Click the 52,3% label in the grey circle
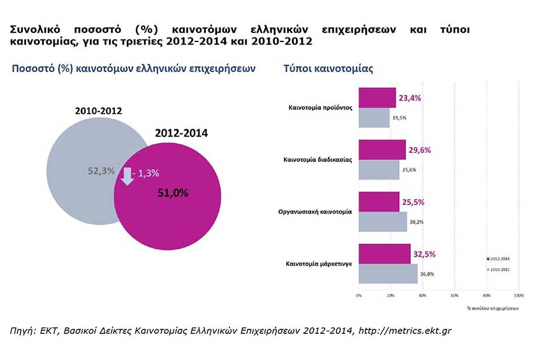pos(101,171)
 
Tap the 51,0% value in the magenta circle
pos(173,193)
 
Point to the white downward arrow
pos(128,175)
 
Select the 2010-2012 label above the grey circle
pos(98,111)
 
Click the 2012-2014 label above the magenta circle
pos(181,134)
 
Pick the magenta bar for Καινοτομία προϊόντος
pos(377,98)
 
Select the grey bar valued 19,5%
pos(374,118)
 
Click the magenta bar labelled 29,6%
pos(382,150)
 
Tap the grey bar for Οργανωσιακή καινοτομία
pos(383,222)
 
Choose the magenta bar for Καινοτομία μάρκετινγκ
pos(385,254)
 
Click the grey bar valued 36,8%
pos(388,274)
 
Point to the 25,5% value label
pos(413,202)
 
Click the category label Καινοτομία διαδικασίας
pos(318,160)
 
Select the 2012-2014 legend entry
pos(502,259)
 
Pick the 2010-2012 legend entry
pos(502,270)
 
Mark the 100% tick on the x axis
pos(518,296)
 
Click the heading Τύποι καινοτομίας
pos(328,68)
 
